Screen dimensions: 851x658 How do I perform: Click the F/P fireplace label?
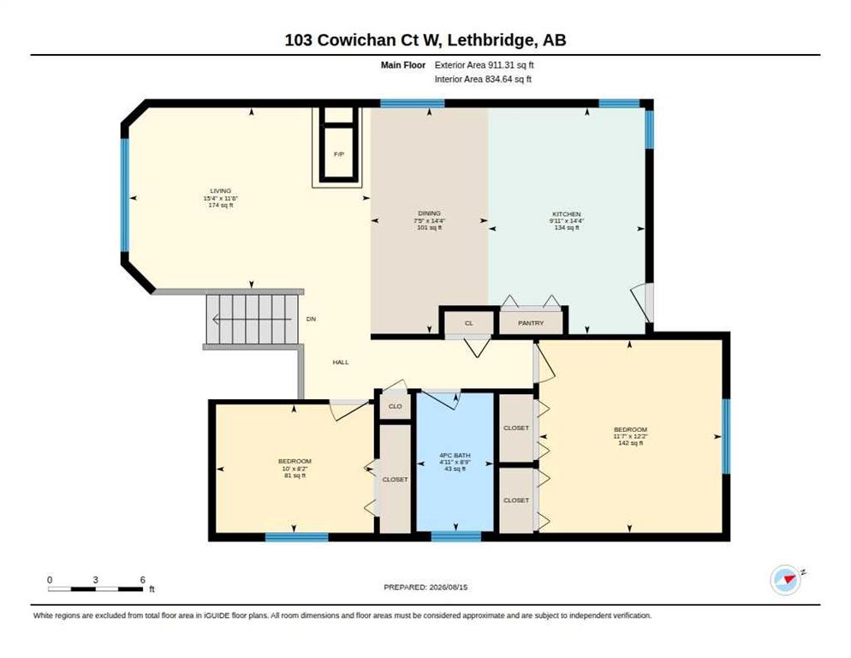(x=339, y=154)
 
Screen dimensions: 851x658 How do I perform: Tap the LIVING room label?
(x=221, y=191)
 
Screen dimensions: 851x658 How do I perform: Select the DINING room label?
(x=429, y=213)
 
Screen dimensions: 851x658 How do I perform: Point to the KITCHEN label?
(x=567, y=214)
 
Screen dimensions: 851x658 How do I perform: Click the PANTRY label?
(x=531, y=323)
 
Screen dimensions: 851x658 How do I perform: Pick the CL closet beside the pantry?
(x=469, y=323)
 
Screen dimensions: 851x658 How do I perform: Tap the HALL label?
(x=341, y=362)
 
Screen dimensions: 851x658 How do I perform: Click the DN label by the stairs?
(x=311, y=319)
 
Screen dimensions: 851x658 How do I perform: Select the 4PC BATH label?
(x=455, y=455)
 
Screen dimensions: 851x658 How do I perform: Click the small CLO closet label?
(x=396, y=406)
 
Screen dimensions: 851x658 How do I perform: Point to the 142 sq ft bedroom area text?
(x=631, y=443)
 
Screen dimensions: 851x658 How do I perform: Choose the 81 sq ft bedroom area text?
(x=295, y=476)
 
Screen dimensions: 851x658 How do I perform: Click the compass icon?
(x=785, y=580)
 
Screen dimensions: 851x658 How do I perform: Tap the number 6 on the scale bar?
(x=143, y=580)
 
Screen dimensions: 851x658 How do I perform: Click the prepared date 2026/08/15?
(x=449, y=588)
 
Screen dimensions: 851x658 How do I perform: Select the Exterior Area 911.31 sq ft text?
(x=484, y=64)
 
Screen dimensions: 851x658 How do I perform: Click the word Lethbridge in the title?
(x=489, y=40)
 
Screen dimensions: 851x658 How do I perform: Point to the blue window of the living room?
(x=124, y=195)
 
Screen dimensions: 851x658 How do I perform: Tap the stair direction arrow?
(x=252, y=319)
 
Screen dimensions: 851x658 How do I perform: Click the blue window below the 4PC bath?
(x=455, y=537)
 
